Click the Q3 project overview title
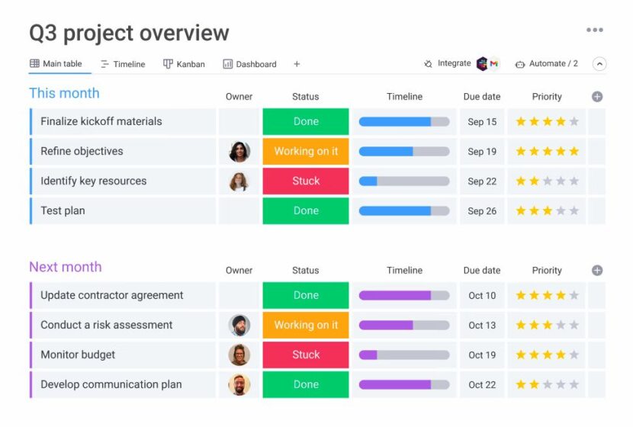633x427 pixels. (129, 34)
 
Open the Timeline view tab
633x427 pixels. (123, 64)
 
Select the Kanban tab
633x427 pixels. (184, 64)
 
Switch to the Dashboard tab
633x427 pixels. (249, 64)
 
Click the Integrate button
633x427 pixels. (448, 64)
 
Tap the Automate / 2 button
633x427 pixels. (547, 64)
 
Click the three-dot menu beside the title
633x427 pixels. (594, 30)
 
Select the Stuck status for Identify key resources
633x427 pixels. (306, 181)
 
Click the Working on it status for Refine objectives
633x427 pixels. (306, 152)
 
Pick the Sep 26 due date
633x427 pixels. (481, 211)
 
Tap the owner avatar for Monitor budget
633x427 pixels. (239, 355)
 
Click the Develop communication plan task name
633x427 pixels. (111, 384)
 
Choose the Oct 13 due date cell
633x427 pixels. (481, 326)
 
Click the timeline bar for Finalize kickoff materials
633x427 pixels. (403, 122)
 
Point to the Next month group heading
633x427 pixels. (66, 267)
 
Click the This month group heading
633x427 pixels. (64, 93)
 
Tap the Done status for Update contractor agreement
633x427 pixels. (306, 296)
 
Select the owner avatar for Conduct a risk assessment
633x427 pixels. (239, 326)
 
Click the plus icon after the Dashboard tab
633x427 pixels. (297, 64)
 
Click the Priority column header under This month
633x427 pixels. (547, 97)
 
